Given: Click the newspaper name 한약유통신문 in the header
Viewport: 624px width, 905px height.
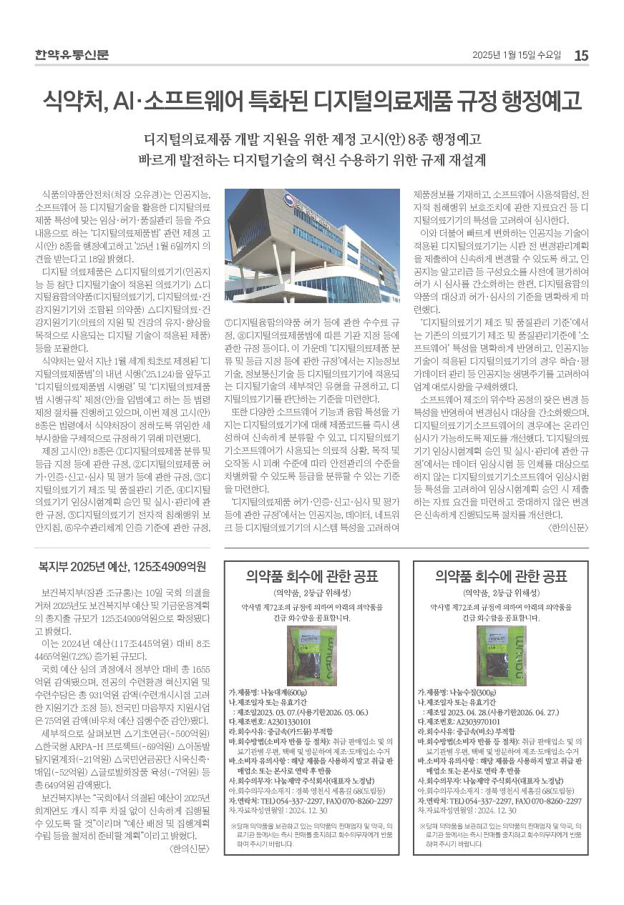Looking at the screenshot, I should pos(72,55).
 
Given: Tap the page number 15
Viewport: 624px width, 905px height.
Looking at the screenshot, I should pos(581,55).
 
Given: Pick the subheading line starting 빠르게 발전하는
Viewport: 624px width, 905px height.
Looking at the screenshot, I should pos(311,158).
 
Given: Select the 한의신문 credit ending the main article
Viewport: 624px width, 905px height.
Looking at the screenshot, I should pos(567,528).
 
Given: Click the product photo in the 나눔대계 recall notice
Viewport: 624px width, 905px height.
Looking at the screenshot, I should pos(312,656).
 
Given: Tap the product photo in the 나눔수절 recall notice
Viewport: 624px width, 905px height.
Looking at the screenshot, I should pos(501,656).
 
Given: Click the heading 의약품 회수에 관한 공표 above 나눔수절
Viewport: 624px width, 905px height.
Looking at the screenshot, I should pos(501,577).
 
